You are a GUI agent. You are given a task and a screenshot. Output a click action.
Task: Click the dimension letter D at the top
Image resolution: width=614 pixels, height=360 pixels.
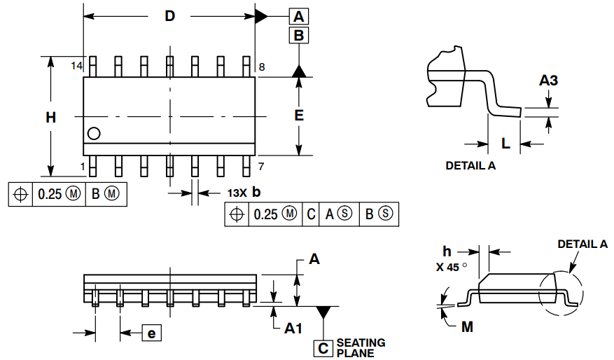click(169, 16)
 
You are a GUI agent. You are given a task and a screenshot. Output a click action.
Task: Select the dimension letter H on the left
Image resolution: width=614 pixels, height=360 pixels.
click(51, 118)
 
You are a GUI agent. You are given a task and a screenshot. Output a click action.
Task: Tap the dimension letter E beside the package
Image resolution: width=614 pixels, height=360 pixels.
click(299, 116)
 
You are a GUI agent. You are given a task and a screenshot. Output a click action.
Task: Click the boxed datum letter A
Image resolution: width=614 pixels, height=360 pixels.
click(299, 16)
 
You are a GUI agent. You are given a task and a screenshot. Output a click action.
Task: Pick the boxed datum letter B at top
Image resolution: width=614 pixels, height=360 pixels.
click(299, 36)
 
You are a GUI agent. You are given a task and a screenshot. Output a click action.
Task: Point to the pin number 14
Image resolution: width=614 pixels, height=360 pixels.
click(76, 66)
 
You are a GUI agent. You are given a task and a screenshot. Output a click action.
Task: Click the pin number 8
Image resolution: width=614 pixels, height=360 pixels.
click(261, 67)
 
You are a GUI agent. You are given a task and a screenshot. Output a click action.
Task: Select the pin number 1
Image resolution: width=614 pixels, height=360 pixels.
click(82, 166)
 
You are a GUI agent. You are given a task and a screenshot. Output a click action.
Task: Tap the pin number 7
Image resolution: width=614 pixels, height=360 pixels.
click(261, 166)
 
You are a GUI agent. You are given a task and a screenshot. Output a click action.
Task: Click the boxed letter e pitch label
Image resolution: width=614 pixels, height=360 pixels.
click(151, 333)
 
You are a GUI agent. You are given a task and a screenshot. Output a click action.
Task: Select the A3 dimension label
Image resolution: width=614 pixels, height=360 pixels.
click(549, 81)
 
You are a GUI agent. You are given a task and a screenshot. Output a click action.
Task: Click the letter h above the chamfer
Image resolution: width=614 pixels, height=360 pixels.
click(447, 251)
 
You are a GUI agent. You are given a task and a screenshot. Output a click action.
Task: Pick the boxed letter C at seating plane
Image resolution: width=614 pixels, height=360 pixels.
click(323, 347)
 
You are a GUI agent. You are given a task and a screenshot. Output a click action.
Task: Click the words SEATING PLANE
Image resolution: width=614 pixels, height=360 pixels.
click(361, 347)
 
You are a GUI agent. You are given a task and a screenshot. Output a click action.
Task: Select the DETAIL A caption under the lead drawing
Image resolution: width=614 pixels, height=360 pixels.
click(470, 166)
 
